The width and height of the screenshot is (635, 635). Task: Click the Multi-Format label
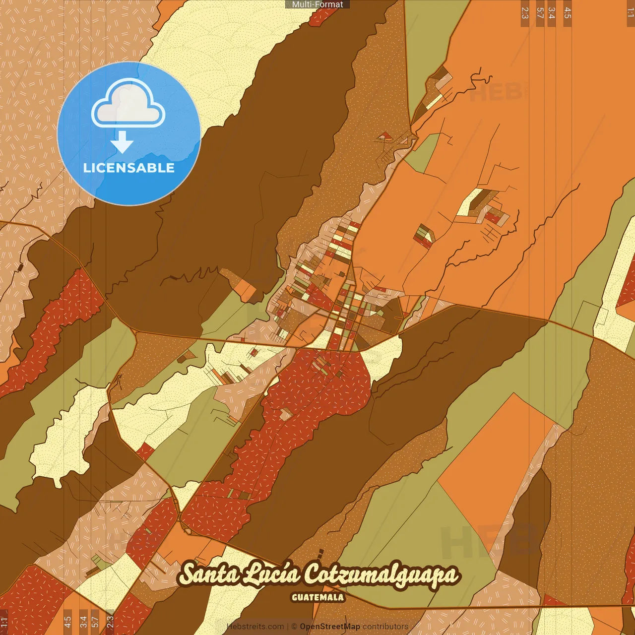tap(317, 4)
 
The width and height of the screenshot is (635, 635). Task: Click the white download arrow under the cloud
tap(122, 142)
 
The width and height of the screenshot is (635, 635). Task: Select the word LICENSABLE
tap(129, 168)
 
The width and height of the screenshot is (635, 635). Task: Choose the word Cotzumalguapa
tap(381, 575)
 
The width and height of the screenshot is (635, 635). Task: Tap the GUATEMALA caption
tap(317, 597)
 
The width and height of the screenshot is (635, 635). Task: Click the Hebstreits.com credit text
tap(255, 627)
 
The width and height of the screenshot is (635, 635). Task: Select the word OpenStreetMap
tap(330, 627)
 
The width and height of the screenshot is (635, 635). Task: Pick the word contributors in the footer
tap(385, 627)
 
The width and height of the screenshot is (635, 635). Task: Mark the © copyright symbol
tap(294, 627)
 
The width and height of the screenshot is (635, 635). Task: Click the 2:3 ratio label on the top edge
tap(525, 13)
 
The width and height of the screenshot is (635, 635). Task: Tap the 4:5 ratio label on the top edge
tap(568, 13)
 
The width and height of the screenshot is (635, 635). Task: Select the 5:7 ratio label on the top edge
tap(540, 13)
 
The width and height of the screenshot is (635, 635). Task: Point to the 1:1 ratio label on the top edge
tap(630, 13)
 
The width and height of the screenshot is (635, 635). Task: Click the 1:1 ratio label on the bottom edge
tap(4, 622)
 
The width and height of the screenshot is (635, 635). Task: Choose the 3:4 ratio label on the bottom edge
tap(83, 622)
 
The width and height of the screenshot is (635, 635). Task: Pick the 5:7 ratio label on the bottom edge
tap(95, 622)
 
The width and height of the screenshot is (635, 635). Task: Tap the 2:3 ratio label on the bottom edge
tap(110, 622)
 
